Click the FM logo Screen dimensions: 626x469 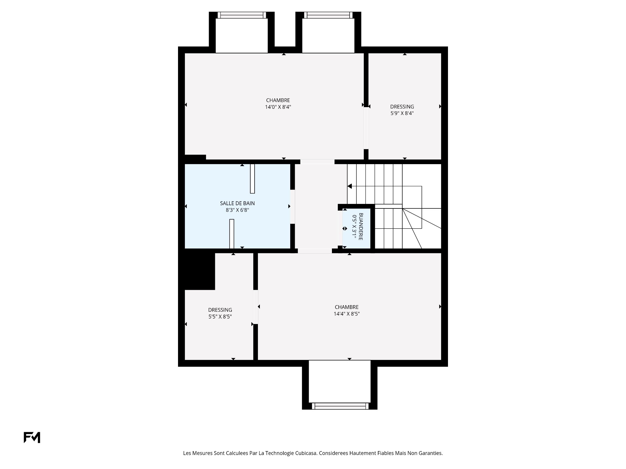32,437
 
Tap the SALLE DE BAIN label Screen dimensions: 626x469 237,203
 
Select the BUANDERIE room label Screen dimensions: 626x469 361,227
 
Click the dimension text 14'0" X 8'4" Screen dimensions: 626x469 278,107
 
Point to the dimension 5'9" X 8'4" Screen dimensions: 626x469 402,113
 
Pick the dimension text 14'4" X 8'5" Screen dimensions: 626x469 347,314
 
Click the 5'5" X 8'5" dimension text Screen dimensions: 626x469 220,317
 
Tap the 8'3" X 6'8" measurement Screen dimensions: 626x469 237,210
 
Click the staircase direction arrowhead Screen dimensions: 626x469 350,186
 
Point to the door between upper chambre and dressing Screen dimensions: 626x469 366,128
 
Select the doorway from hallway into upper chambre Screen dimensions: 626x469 317,162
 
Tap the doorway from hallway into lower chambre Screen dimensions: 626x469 315,251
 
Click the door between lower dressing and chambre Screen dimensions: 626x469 256,307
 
